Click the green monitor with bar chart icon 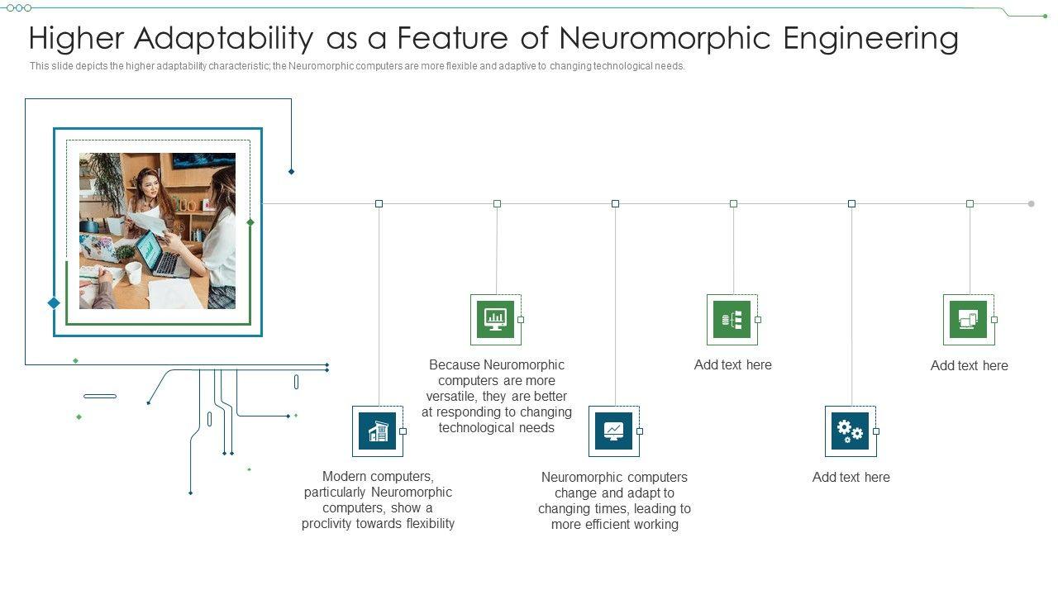(495, 319)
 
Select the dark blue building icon (378, 431)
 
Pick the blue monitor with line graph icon (613, 431)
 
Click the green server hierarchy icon (732, 319)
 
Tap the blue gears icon (850, 431)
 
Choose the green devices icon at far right (968, 319)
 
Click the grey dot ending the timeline (1031, 203)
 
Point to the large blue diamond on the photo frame (54, 303)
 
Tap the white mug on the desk (133, 273)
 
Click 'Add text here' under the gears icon (851, 477)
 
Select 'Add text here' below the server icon (732, 364)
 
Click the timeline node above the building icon (379, 203)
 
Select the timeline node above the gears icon (851, 203)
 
